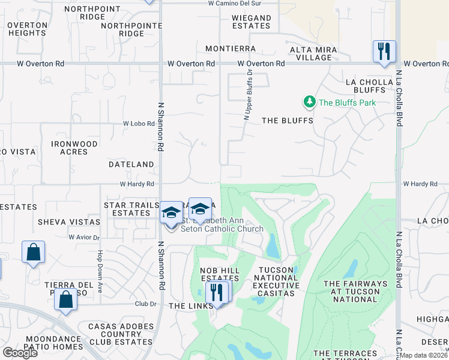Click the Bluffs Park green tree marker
pyautogui.click(x=310, y=102)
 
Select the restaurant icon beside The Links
pyautogui.click(x=215, y=292)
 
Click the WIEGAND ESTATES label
pyautogui.click(x=252, y=22)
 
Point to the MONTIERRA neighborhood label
pyautogui.click(x=231, y=49)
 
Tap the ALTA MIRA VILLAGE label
pyautogui.click(x=310, y=53)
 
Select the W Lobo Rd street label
pyautogui.click(x=136, y=123)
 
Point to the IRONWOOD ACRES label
pyautogui.click(x=74, y=148)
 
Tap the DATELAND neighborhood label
pyautogui.click(x=131, y=164)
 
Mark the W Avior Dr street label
pyautogui.click(x=83, y=237)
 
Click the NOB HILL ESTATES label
pyautogui.click(x=220, y=275)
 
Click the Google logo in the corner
pyautogui.click(x=20, y=353)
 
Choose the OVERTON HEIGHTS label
pyautogui.click(x=28, y=29)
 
